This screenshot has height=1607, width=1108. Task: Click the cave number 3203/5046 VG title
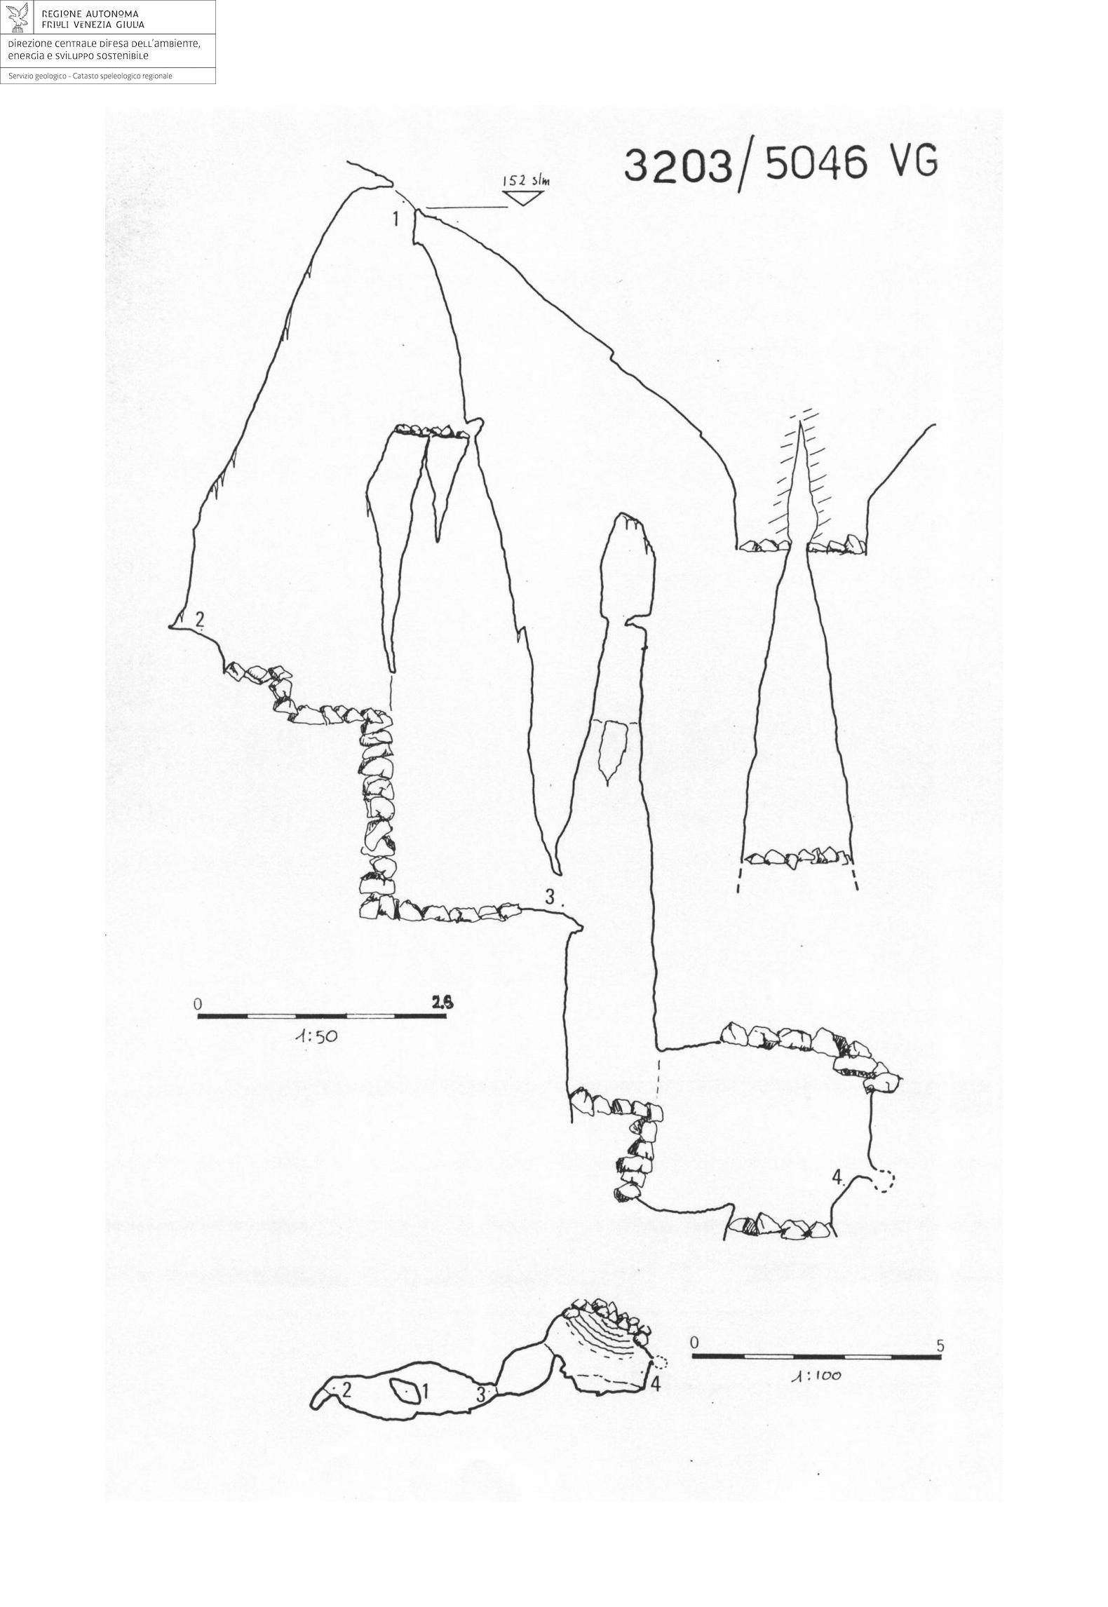click(x=780, y=165)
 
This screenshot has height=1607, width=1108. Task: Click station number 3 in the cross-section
click(x=550, y=896)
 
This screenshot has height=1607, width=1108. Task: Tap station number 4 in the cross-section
click(x=838, y=1176)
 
